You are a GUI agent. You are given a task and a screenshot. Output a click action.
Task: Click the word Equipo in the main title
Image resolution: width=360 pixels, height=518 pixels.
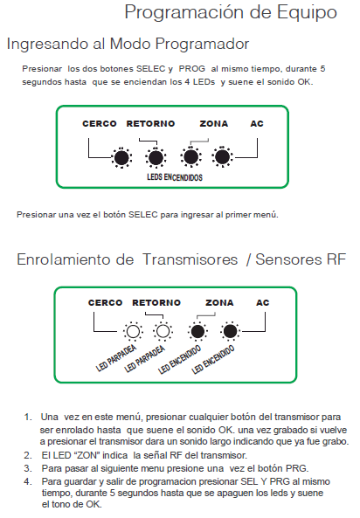[307, 13]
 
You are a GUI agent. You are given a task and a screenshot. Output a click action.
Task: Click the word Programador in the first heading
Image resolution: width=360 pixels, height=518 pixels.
[202, 45]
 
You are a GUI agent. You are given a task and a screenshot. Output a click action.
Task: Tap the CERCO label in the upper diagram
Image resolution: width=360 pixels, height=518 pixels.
[100, 123]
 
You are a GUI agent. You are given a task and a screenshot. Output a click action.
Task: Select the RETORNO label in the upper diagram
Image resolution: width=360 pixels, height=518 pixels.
[150, 123]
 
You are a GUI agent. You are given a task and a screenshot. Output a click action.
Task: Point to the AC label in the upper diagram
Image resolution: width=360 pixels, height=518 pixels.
[257, 123]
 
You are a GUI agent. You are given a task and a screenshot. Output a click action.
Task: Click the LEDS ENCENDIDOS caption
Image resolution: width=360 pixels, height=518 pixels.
[175, 177]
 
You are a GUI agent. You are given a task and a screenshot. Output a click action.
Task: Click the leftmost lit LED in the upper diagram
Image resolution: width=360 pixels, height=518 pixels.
[121, 157]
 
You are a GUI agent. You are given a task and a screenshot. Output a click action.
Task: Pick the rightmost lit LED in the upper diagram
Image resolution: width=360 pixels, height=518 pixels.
[223, 157]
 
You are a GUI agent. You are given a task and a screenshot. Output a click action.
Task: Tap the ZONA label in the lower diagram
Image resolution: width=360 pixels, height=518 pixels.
[219, 302]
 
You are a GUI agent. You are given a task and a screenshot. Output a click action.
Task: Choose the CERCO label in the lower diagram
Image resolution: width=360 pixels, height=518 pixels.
[105, 302]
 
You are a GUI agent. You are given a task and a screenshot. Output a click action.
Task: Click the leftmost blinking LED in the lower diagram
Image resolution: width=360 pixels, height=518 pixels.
[133, 331]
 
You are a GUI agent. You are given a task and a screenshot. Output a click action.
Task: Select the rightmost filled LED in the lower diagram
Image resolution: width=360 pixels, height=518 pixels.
[230, 331]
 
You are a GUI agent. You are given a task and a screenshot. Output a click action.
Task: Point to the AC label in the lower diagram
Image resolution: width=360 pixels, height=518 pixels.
[262, 302]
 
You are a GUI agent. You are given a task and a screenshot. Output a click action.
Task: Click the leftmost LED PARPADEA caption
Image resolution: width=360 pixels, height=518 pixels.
[116, 358]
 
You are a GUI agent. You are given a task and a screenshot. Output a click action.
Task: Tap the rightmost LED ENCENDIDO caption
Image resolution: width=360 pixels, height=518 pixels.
[213, 359]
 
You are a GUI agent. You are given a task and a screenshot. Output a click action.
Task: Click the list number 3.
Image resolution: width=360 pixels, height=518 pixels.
[28, 468]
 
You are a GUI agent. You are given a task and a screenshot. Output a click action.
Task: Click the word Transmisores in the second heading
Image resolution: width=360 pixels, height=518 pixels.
[190, 259]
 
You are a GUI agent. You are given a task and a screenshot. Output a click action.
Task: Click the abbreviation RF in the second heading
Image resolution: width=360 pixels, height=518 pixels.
[336, 259]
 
